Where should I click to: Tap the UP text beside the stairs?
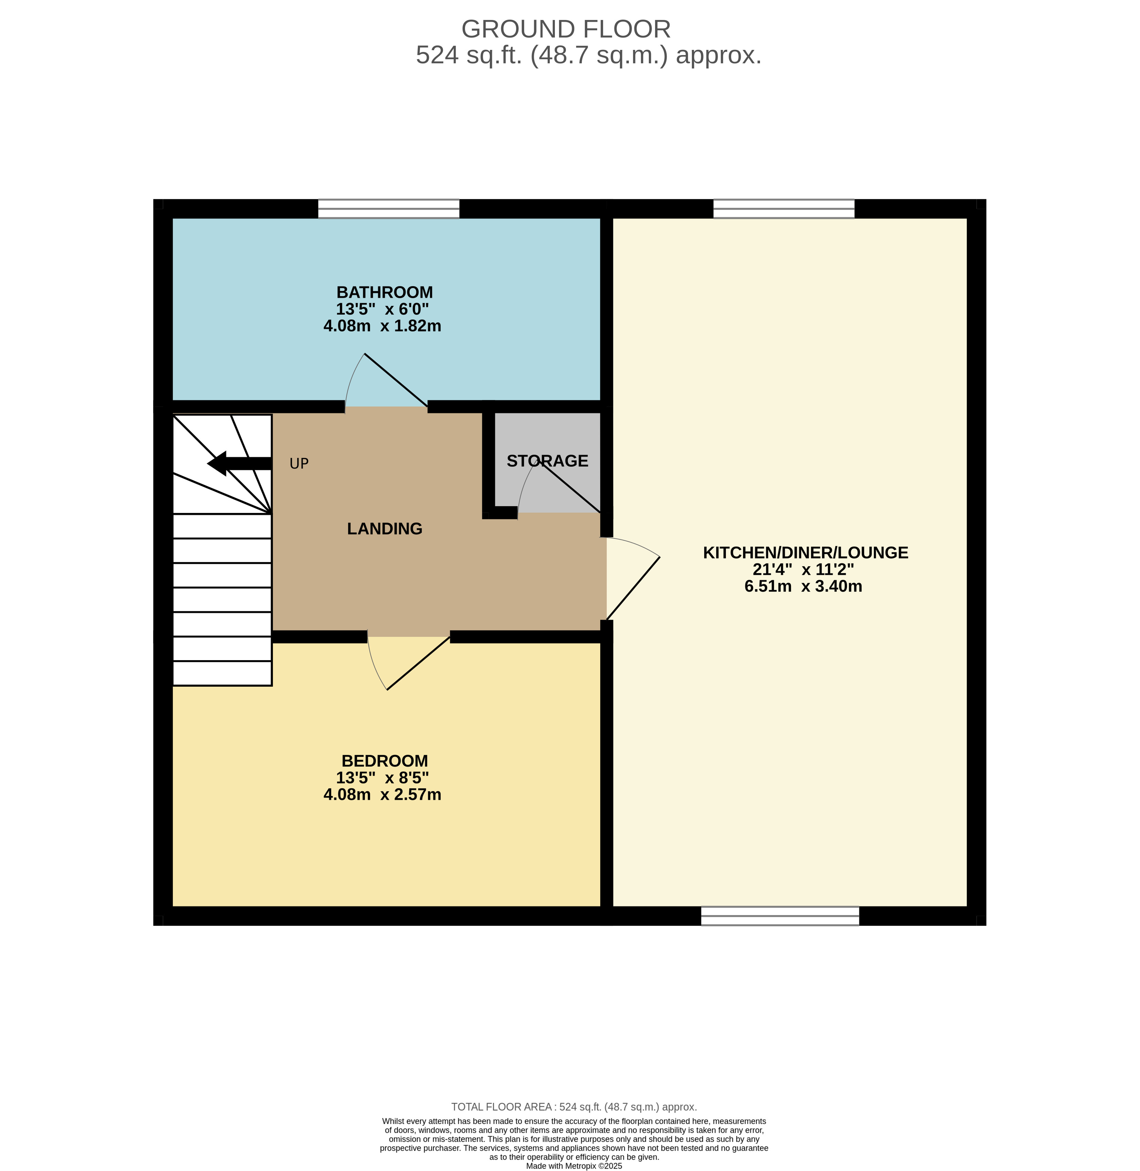pyautogui.click(x=299, y=464)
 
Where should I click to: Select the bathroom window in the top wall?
pyautogui.click(x=389, y=209)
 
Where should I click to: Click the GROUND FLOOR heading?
pyautogui.click(x=566, y=29)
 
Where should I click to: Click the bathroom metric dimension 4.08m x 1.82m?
pyautogui.click(x=382, y=326)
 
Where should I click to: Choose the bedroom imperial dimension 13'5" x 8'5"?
pyautogui.click(x=382, y=778)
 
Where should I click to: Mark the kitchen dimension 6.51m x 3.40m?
pyautogui.click(x=803, y=587)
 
